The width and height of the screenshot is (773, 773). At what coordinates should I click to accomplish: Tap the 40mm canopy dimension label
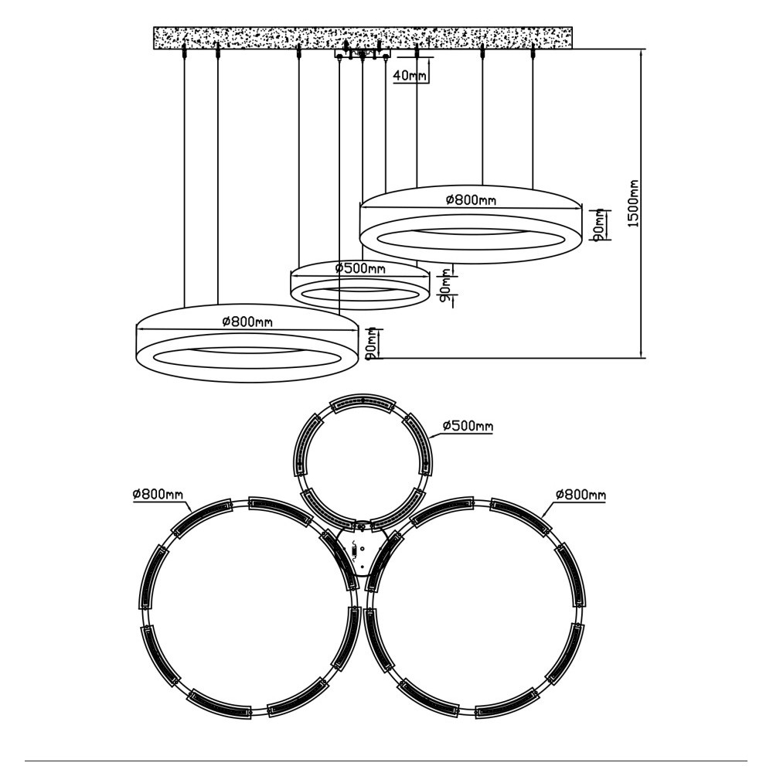click(x=410, y=76)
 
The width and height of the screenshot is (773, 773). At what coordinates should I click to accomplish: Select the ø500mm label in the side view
click(x=360, y=269)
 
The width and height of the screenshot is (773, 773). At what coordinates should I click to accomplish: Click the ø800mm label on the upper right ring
click(x=471, y=199)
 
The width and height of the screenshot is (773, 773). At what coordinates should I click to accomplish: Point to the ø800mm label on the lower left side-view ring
click(x=247, y=322)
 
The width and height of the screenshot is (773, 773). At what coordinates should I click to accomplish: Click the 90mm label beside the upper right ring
click(x=598, y=225)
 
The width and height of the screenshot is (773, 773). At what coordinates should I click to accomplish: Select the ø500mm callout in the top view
click(x=468, y=425)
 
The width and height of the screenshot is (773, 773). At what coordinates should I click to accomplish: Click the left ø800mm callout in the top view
click(x=158, y=494)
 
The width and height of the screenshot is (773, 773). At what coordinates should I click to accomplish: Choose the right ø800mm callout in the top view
click(x=581, y=494)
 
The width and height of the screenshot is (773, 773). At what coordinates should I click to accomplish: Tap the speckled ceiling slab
click(x=363, y=38)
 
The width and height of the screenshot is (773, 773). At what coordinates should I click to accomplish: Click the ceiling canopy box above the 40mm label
click(x=363, y=53)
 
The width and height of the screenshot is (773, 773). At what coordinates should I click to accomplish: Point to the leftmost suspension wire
click(x=184, y=178)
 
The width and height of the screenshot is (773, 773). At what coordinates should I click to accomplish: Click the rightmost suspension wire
click(x=533, y=118)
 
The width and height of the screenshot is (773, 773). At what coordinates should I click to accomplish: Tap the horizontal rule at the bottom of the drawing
click(x=386, y=761)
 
